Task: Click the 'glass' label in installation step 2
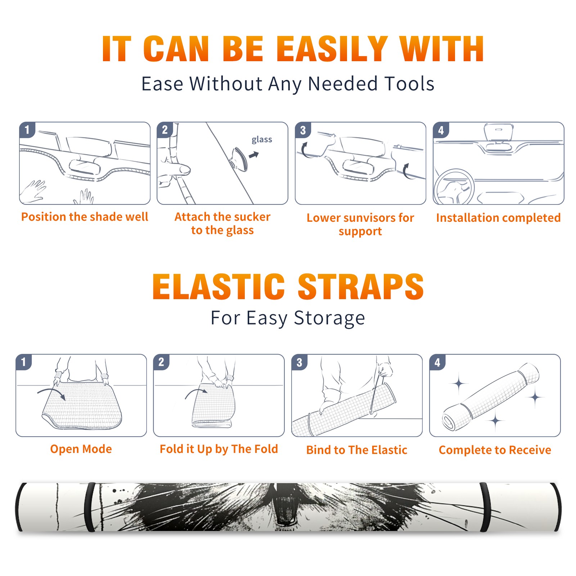click(262, 139)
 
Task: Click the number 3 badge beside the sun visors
click(303, 130)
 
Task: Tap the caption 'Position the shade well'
click(85, 217)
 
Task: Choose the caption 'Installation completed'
click(498, 218)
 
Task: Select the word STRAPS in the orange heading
click(361, 287)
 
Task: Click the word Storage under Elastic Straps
click(329, 318)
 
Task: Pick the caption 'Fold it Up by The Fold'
click(219, 449)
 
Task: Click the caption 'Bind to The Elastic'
click(357, 450)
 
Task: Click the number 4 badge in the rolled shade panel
click(437, 362)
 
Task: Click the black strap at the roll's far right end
click(556, 507)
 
